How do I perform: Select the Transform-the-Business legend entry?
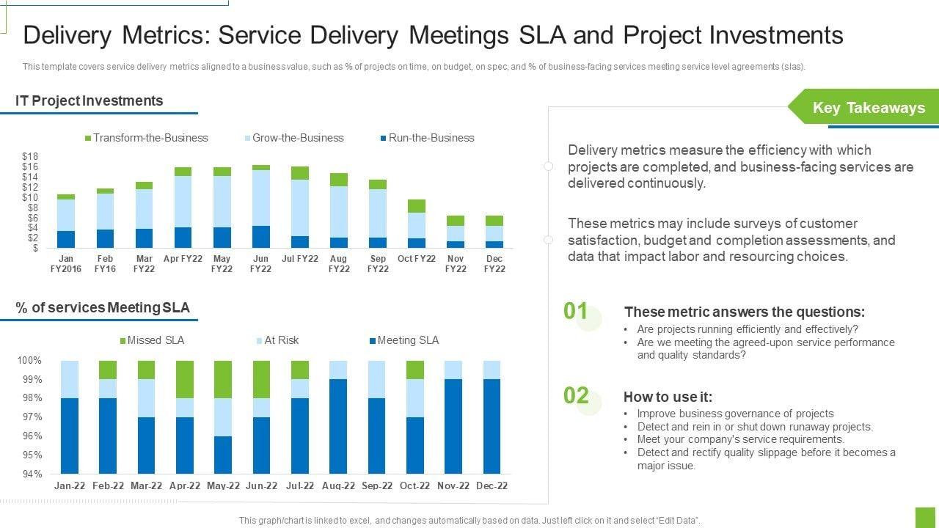point(147,138)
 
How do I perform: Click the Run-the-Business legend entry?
point(427,138)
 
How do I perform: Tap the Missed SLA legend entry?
point(152,340)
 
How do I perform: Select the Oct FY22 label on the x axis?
point(417,259)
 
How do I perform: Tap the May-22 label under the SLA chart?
point(223,485)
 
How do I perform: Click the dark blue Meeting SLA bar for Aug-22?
point(338,426)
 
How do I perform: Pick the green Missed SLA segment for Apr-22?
point(184,379)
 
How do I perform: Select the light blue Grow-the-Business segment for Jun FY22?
point(260,198)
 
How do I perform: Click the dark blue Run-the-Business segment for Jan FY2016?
point(66,239)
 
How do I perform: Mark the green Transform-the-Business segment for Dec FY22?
point(494,220)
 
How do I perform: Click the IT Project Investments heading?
point(89,101)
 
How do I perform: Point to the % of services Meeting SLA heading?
point(103,308)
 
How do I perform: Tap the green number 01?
point(576,312)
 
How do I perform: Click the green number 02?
point(577,396)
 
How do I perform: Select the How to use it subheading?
point(668,397)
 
